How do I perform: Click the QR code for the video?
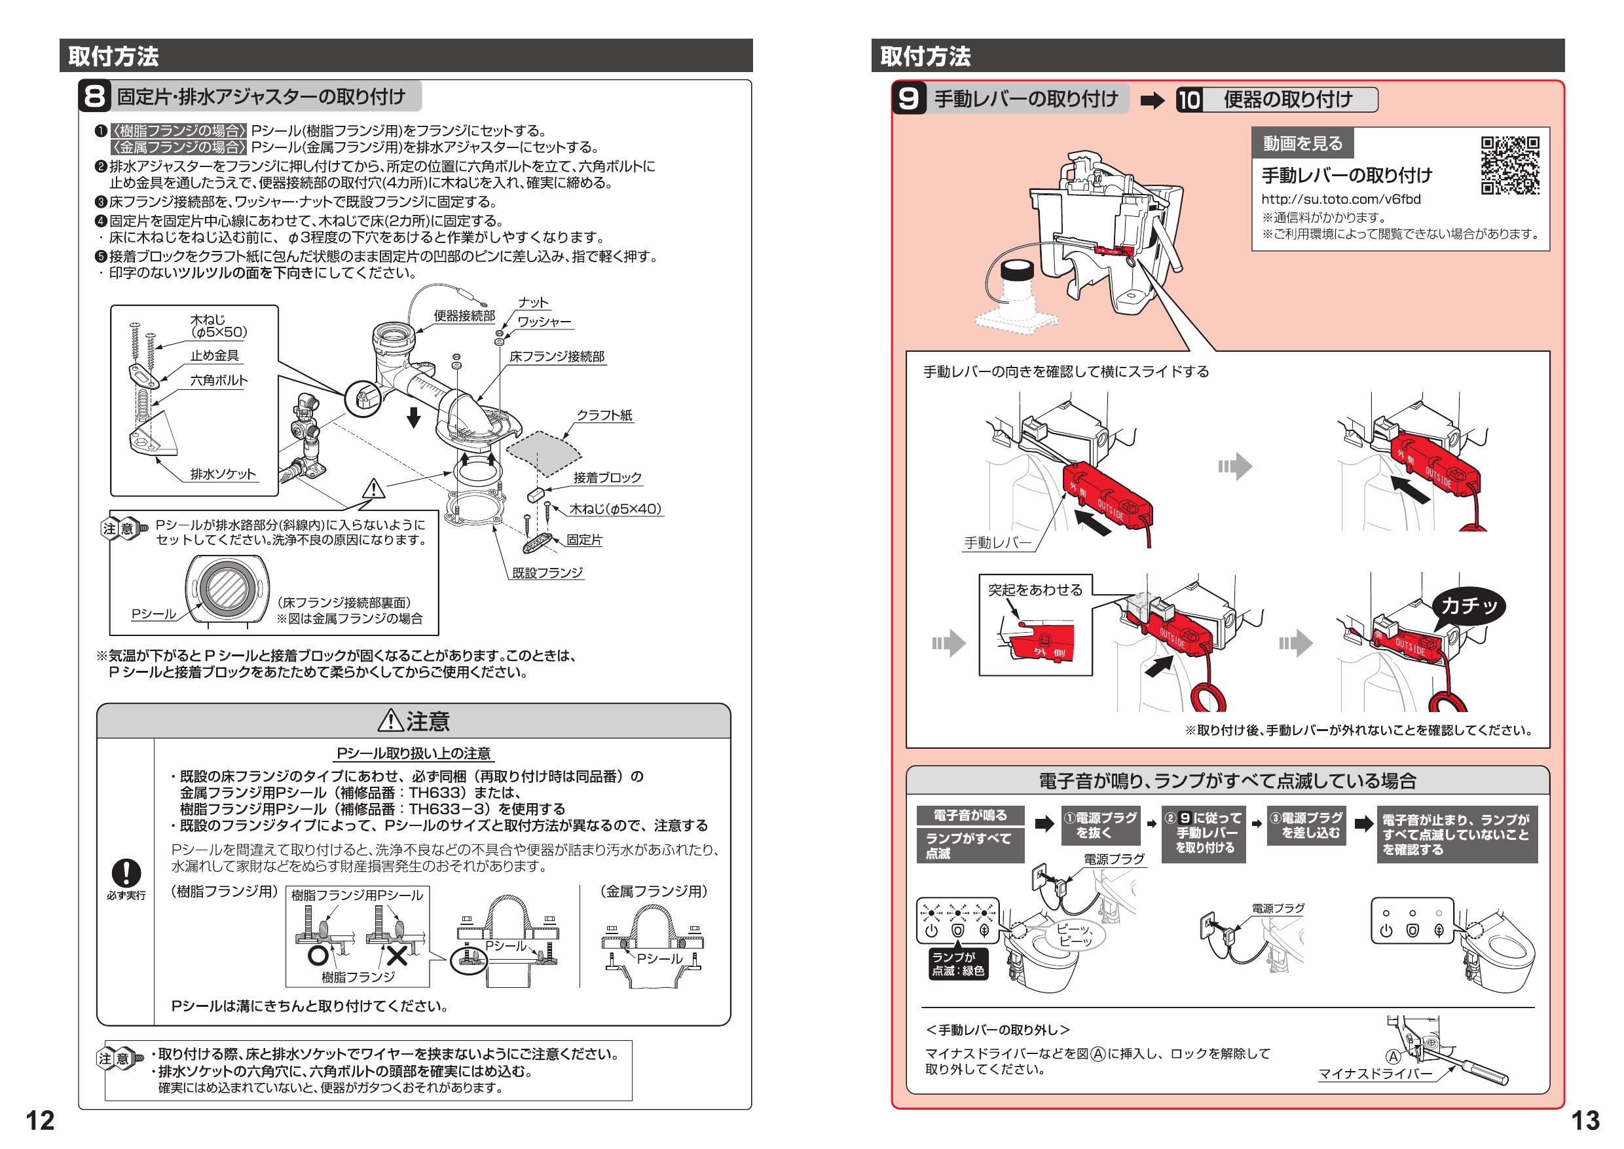pyautogui.click(x=1510, y=166)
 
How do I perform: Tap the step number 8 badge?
pyautogui.click(x=95, y=97)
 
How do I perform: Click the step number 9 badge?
pyautogui.click(x=908, y=98)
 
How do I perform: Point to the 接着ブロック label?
pyautogui.click(x=607, y=478)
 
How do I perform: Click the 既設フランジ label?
pyautogui.click(x=547, y=573)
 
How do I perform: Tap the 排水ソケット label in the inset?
pyautogui.click(x=223, y=474)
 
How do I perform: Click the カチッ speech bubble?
pyautogui.click(x=1469, y=606)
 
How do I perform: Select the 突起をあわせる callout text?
pyautogui.click(x=1035, y=590)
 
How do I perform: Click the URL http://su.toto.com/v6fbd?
pyautogui.click(x=1340, y=200)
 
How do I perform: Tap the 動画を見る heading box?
pyautogui.click(x=1302, y=143)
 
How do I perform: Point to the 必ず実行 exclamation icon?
pyautogui.click(x=126, y=873)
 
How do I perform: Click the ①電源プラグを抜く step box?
pyautogui.click(x=1101, y=825)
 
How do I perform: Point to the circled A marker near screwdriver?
pyautogui.click(x=1392, y=1057)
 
